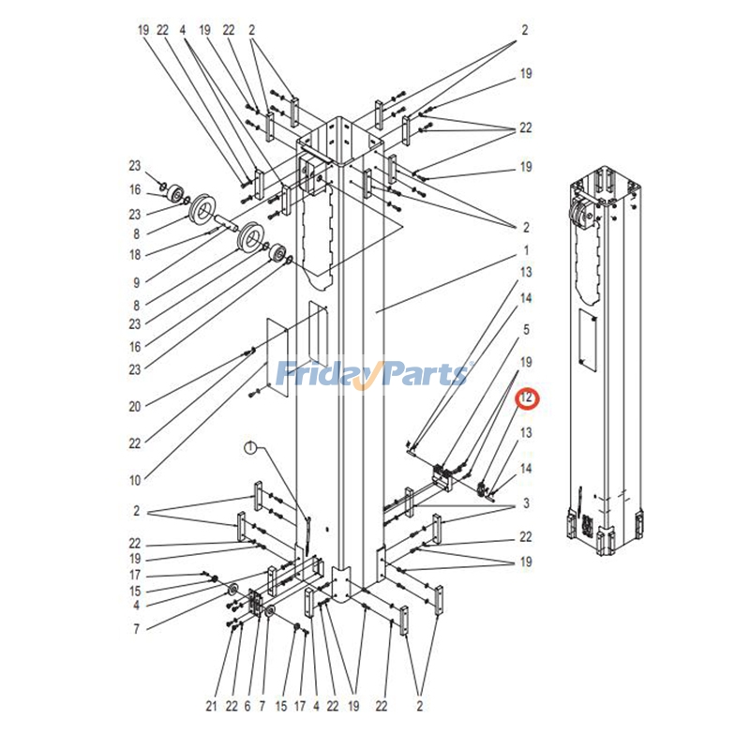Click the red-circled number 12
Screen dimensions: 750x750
pyautogui.click(x=528, y=399)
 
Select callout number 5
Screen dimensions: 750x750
pyautogui.click(x=526, y=329)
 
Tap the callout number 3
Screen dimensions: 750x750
pyautogui.click(x=526, y=503)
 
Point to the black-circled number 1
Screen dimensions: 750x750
pyautogui.click(x=250, y=448)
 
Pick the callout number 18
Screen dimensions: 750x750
pyautogui.click(x=135, y=254)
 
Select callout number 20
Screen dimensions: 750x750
pyautogui.click(x=135, y=406)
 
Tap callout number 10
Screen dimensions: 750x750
pyautogui.click(x=135, y=480)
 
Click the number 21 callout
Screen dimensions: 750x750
pyautogui.click(x=212, y=706)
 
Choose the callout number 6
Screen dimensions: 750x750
pyautogui.click(x=247, y=706)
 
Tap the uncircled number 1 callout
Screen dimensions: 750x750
pyautogui.click(x=526, y=250)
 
